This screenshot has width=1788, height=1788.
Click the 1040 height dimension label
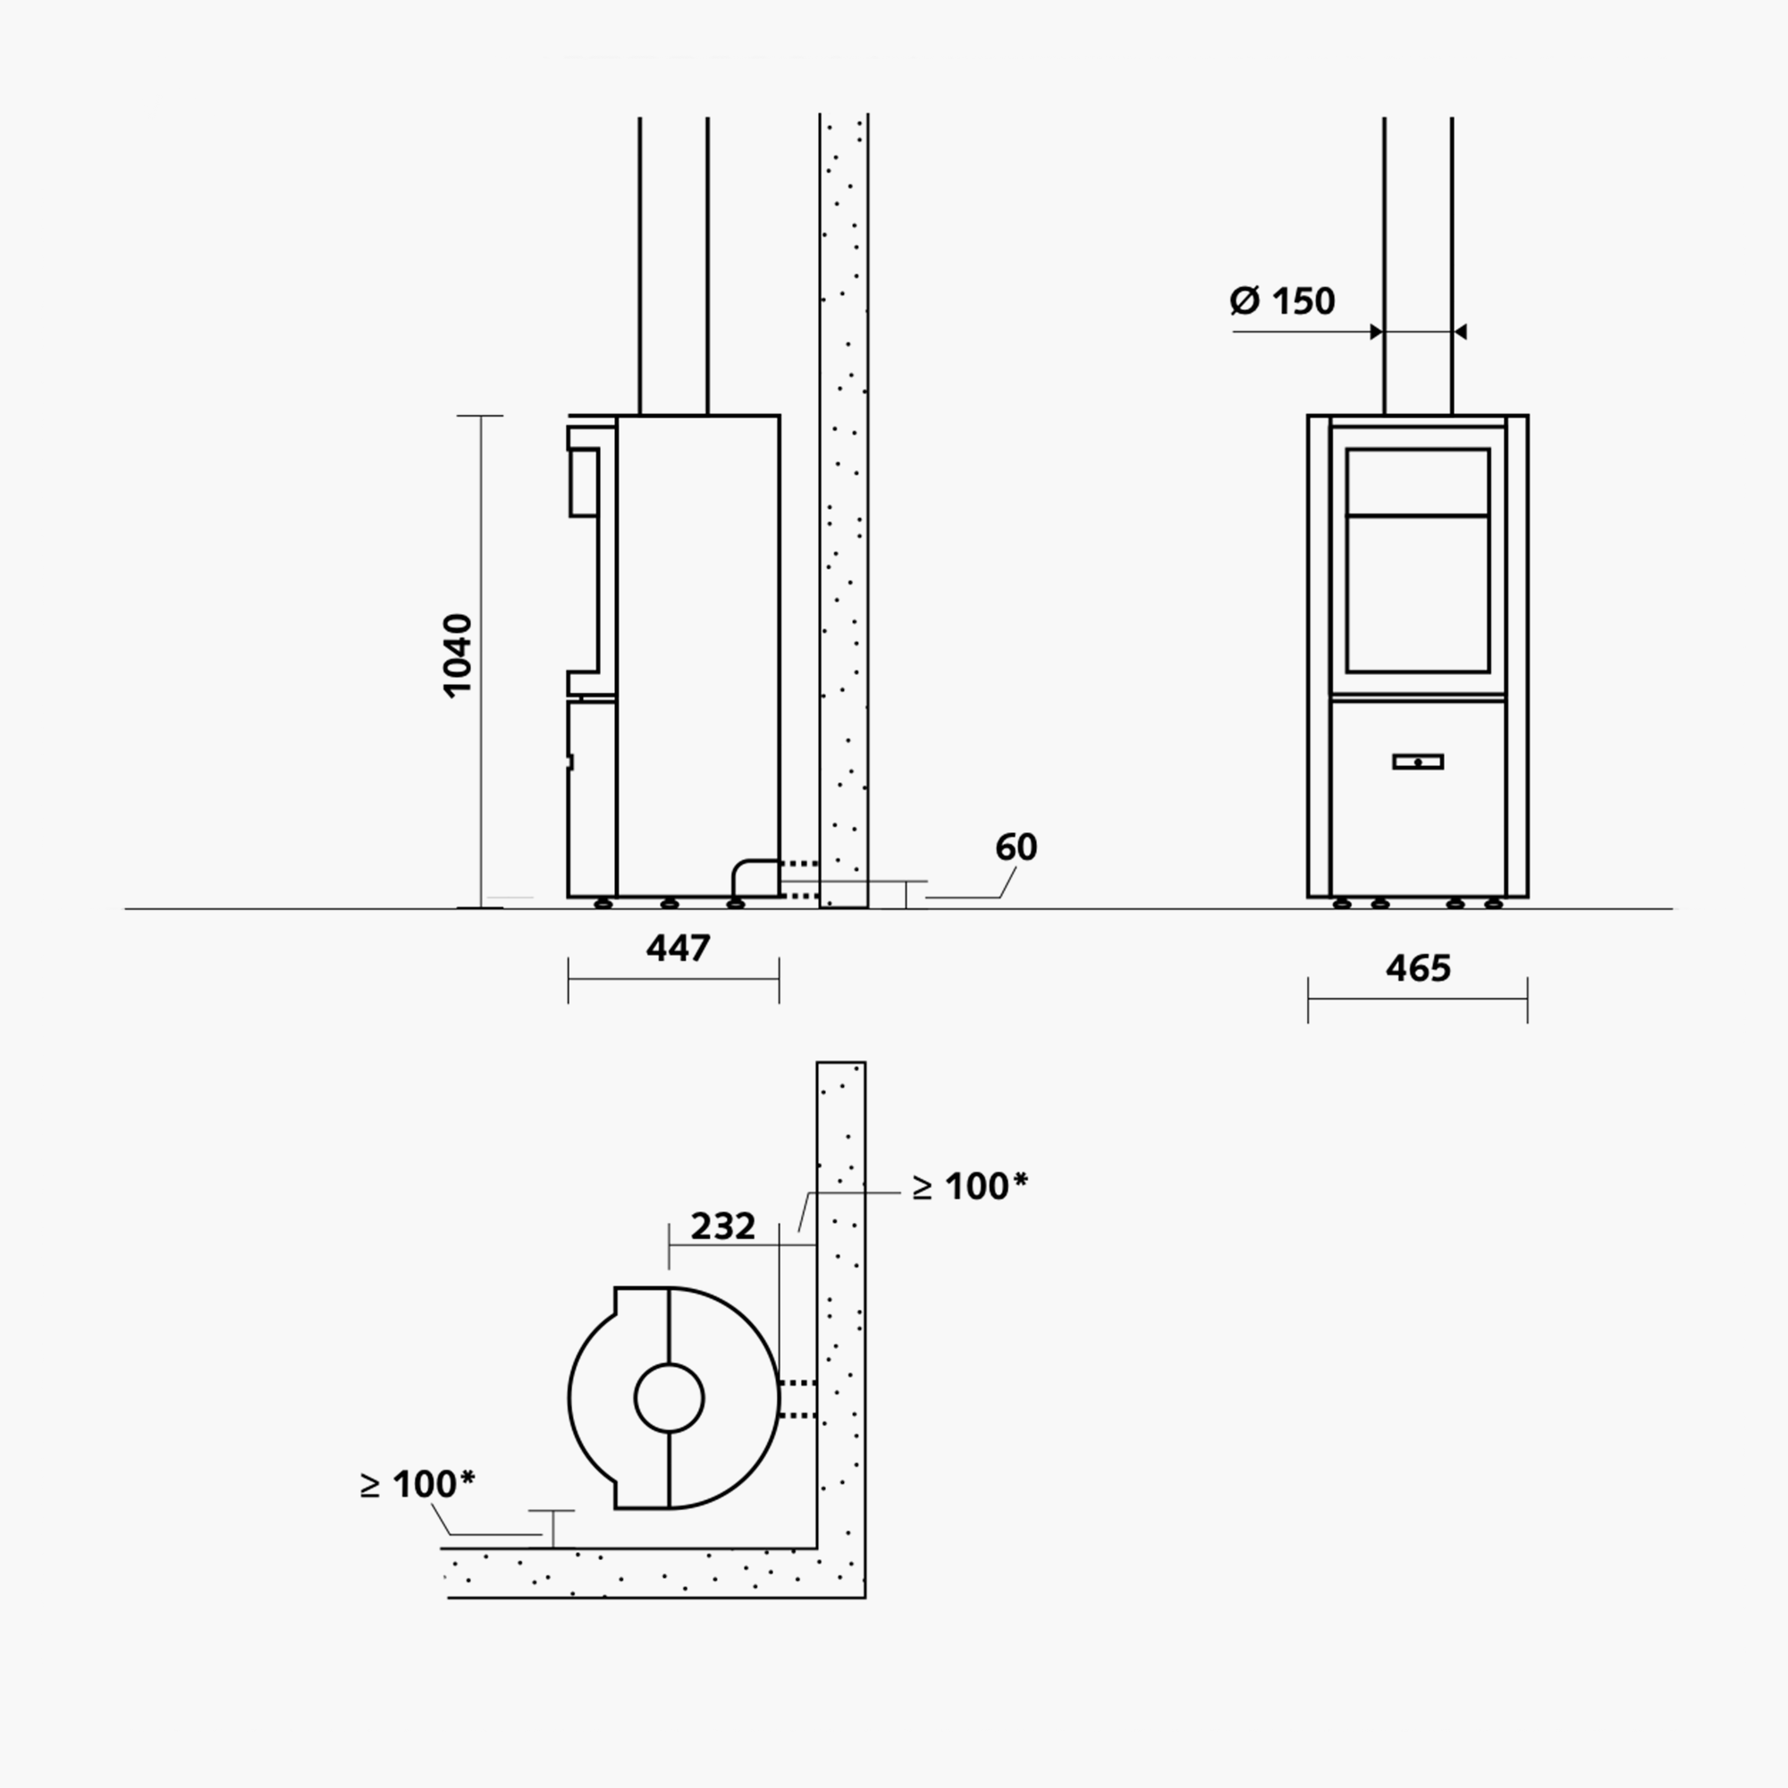coord(458,654)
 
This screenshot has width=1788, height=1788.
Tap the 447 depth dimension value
coord(679,948)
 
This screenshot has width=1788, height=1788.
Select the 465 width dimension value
coord(1418,968)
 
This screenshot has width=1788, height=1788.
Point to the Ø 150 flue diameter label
coord(1282,300)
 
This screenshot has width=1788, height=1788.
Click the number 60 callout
coord(1016,847)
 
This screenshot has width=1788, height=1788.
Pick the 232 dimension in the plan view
coord(722,1227)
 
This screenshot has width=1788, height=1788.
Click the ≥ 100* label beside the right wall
coord(970,1185)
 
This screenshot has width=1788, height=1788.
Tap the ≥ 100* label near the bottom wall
coord(417,1483)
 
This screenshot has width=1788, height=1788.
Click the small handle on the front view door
coord(1418,762)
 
